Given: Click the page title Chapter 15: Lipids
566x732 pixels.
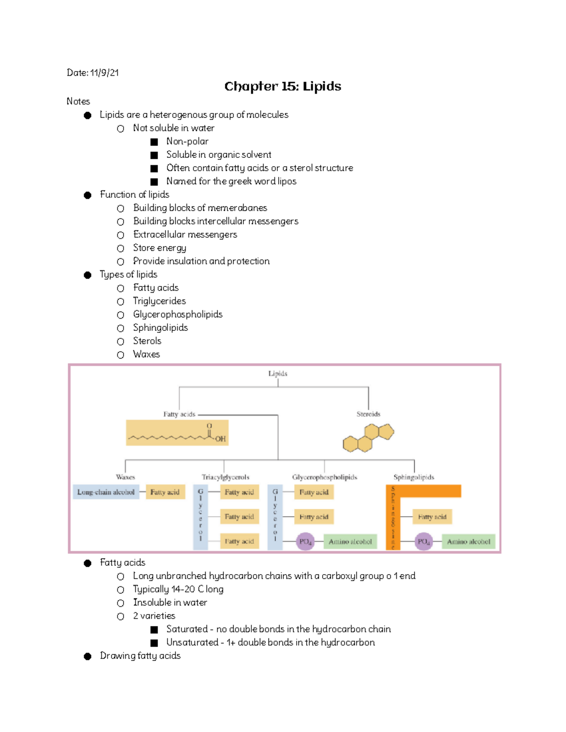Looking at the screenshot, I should click(x=283, y=86).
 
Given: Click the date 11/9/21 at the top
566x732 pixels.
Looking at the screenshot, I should click(x=104, y=73).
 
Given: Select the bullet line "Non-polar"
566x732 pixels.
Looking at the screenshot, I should click(x=187, y=141).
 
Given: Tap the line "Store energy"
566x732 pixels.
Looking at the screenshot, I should click(x=159, y=248).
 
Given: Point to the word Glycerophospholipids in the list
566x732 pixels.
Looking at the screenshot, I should click(x=178, y=314).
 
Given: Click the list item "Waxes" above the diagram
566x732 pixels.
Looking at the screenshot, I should click(x=146, y=354).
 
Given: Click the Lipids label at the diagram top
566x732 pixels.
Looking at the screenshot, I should click(x=278, y=373).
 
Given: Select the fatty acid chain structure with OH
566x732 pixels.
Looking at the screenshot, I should click(x=177, y=433).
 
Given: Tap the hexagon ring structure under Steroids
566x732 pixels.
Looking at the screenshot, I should click(x=368, y=438).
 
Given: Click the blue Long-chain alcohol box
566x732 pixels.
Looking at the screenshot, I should click(x=106, y=492).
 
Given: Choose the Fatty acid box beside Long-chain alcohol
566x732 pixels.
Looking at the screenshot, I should click(x=165, y=492).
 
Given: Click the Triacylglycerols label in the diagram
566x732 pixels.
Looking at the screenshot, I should click(x=225, y=477).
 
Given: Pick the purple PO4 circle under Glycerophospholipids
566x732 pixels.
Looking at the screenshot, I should click(x=305, y=542).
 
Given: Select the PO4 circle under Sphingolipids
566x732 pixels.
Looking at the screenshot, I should click(x=424, y=542).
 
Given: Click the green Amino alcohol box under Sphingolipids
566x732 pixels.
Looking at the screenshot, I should click(x=468, y=542).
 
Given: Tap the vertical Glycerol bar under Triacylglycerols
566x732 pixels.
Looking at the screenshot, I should click(x=200, y=517).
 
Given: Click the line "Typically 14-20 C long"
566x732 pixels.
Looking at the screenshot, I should click(x=178, y=589).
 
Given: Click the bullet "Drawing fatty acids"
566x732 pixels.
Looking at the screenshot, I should click(x=140, y=656).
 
